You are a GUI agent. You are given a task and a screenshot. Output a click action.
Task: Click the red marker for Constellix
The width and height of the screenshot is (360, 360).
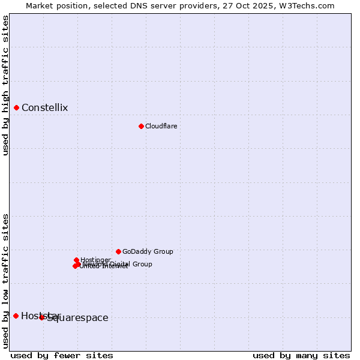coord(16,108)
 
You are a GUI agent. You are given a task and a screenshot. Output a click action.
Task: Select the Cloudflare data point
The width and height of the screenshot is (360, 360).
coord(141,126)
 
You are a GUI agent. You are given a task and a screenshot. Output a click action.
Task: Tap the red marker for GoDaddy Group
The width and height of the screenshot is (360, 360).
coord(118,251)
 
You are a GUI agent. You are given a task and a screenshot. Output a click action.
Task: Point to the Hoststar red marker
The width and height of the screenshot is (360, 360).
coord(16,316)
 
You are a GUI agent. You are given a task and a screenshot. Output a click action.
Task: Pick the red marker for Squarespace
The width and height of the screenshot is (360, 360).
coord(42,317)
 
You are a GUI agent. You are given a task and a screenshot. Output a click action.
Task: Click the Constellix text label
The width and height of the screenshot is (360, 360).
coord(44,108)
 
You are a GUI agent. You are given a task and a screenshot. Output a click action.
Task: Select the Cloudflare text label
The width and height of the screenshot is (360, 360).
coord(161,126)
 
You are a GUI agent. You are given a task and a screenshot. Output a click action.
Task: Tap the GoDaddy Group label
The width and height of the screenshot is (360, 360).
coord(148,251)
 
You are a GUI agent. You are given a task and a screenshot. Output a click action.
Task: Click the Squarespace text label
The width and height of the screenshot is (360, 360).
coord(78,318)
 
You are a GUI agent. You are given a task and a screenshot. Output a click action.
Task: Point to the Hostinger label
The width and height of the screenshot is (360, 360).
coord(95,260)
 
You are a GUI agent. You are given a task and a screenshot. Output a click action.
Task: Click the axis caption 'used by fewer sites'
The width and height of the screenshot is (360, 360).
coord(62,355)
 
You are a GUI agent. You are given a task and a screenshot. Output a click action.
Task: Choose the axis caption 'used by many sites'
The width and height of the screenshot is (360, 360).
coord(301,355)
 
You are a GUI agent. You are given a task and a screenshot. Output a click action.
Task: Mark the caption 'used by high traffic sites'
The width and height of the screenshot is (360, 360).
coord(6,85)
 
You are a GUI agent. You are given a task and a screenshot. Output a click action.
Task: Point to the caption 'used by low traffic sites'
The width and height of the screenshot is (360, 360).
coord(6,281)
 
